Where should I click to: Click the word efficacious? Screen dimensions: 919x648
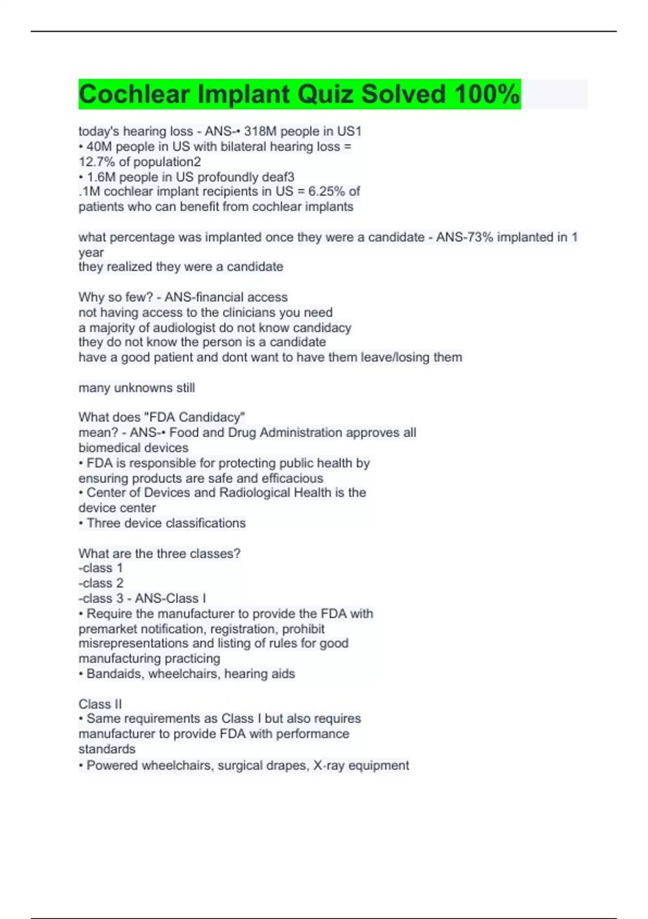pyautogui.click(x=292, y=478)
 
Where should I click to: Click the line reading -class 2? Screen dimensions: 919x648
pyautogui.click(x=101, y=583)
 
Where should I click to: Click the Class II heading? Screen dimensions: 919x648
pyautogui.click(x=100, y=704)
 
